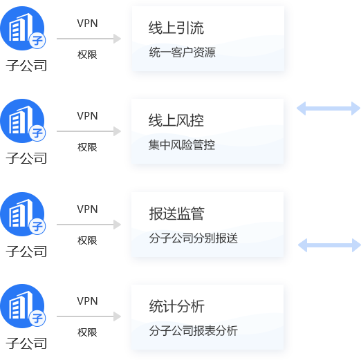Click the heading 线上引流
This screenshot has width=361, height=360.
176,28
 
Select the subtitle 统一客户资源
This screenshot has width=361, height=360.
182,53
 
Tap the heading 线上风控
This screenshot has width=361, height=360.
176,120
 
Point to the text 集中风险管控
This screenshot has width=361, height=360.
182,145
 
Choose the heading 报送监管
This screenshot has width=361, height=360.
176,214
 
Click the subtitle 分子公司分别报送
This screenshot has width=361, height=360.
193,238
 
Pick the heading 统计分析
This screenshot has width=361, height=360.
176,306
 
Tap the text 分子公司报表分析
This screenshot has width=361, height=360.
193,331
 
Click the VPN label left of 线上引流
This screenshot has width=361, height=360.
87,23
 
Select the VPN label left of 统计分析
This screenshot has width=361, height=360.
87,301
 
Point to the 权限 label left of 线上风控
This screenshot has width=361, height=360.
87,147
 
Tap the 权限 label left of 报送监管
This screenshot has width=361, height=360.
87,240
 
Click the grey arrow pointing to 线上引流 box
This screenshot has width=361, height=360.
89,39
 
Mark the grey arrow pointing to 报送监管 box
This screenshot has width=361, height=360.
89,225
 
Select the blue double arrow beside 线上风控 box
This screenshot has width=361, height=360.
328,108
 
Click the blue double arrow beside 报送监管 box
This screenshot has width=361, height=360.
329,245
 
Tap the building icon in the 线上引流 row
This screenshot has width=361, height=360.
22,28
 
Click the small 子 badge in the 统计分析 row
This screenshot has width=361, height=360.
37,318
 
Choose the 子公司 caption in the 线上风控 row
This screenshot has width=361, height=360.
26,158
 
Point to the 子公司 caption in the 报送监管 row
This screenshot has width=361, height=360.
26,252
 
